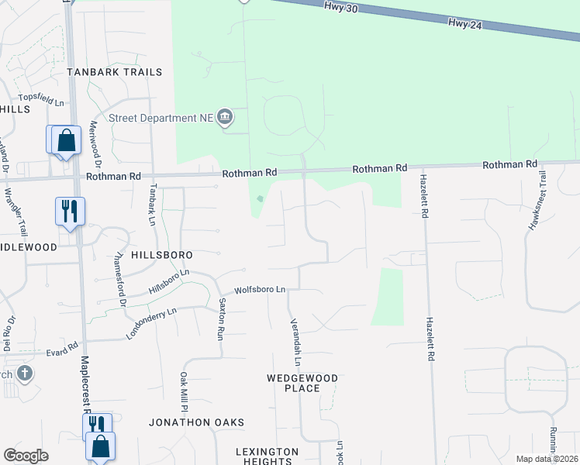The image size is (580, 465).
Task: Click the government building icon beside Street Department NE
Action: tap(225, 118)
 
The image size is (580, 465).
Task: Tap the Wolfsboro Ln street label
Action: tap(261, 290)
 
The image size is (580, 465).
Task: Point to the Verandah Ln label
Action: tap(295, 342)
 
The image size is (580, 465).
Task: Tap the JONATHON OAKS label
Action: tap(197, 422)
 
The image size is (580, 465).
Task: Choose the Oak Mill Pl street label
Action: tap(184, 392)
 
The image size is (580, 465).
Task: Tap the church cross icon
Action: tap(25, 374)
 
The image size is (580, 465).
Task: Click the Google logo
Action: tap(26, 456)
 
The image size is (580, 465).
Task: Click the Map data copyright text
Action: tap(547, 459)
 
